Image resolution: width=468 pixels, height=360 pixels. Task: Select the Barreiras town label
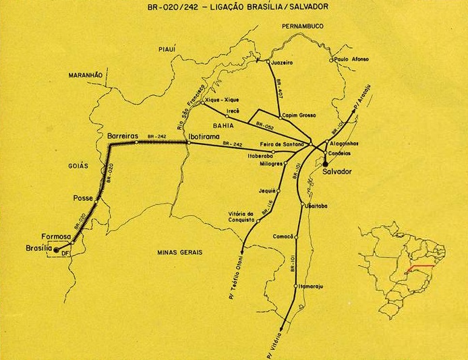122,136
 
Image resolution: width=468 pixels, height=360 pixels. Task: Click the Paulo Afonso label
351,59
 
